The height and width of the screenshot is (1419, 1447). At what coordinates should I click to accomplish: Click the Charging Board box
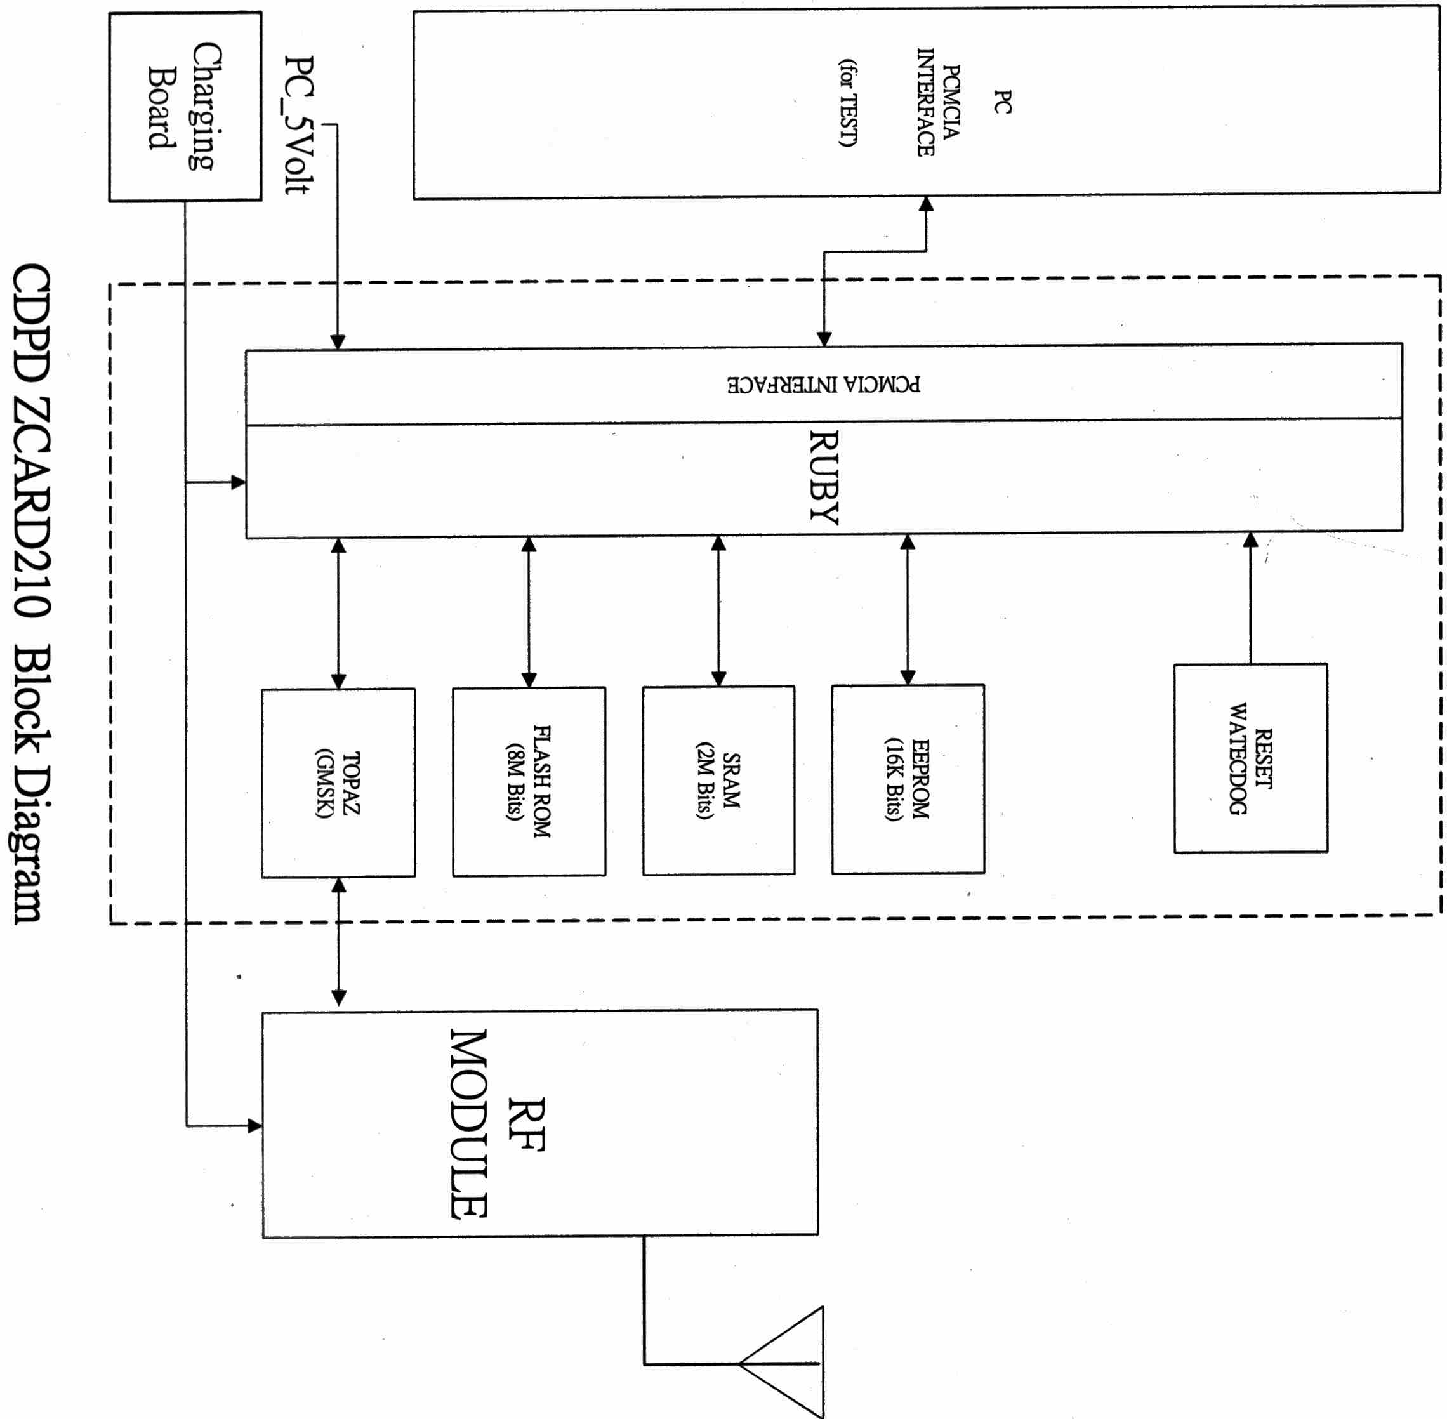(185, 107)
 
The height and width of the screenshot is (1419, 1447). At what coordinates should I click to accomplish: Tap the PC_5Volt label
(300, 124)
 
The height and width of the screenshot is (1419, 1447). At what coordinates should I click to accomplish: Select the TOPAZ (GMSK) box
(338, 782)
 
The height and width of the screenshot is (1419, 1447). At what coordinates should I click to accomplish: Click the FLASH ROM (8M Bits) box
(529, 781)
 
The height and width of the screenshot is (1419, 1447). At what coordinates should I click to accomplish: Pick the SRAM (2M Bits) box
(718, 781)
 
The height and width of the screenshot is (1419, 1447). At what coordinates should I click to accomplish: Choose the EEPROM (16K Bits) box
(908, 779)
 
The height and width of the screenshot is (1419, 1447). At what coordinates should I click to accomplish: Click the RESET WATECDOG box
(1250, 758)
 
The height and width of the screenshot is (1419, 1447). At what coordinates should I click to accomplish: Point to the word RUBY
(824, 478)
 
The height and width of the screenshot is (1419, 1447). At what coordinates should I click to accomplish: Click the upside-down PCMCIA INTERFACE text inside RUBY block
(824, 385)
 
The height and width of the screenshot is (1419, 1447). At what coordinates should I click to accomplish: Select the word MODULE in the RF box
(469, 1125)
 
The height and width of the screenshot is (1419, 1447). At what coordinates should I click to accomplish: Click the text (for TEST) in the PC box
(849, 103)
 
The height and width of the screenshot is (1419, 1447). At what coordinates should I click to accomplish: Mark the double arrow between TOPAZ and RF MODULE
(338, 942)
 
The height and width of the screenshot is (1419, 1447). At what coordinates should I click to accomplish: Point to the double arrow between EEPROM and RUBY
(908, 610)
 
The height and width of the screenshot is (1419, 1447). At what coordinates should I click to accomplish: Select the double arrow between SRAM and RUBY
(718, 611)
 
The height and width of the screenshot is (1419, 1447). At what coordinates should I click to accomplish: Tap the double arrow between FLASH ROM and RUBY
(529, 612)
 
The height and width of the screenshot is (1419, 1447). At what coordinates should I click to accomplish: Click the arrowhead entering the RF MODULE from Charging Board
(254, 1125)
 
